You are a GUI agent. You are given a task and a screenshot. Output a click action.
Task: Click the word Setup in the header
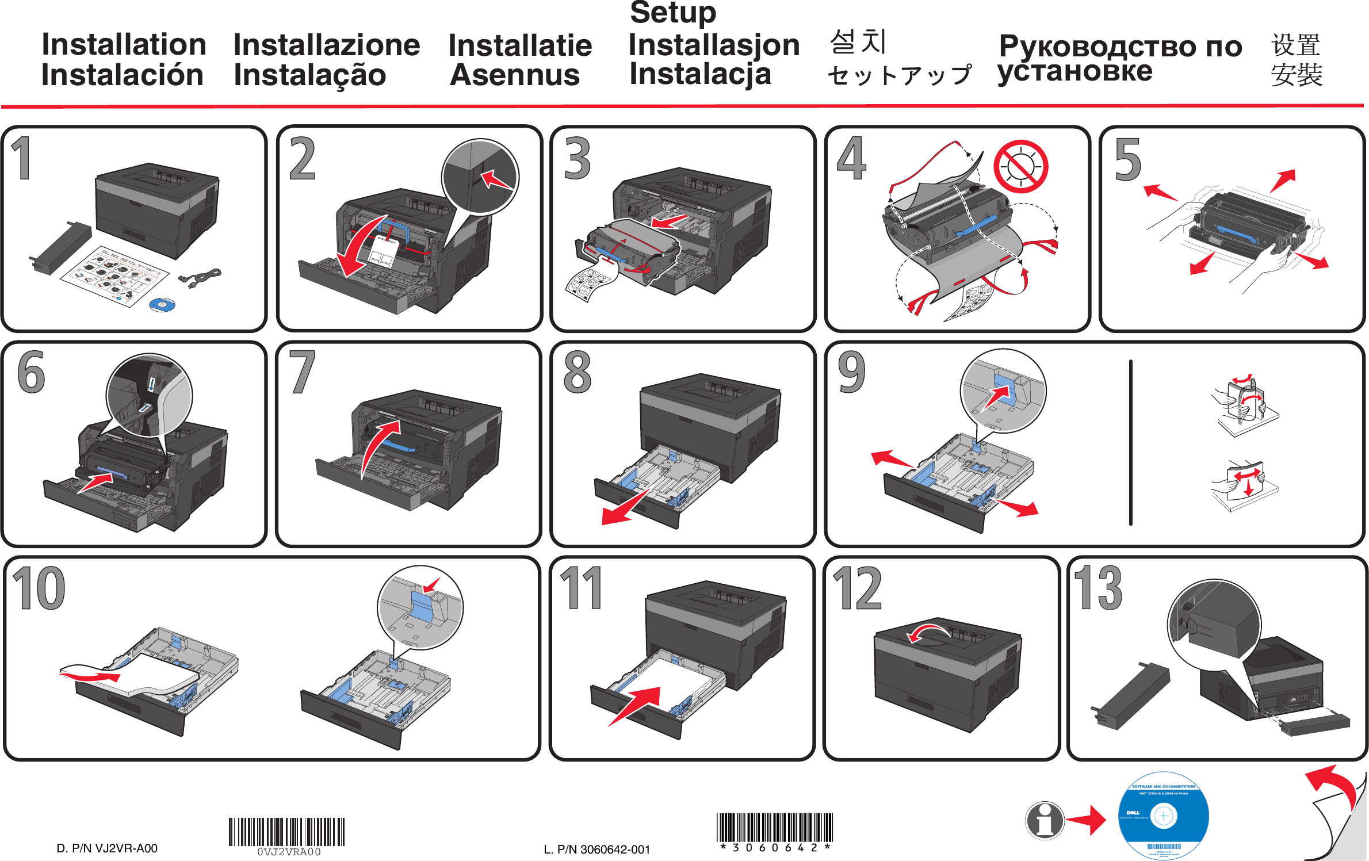tap(672, 14)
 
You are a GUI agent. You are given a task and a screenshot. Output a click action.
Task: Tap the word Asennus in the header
tap(514, 75)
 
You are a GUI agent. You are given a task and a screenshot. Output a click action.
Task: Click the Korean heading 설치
tap(858, 42)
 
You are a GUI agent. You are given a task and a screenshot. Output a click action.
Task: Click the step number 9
tap(851, 373)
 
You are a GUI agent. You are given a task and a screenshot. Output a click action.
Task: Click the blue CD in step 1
tap(162, 304)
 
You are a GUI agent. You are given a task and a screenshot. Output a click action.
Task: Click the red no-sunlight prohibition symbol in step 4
tap(1020, 167)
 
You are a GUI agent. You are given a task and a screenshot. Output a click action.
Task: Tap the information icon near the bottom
tap(1044, 820)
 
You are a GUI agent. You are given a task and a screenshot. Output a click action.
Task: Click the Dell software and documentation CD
tap(1163, 816)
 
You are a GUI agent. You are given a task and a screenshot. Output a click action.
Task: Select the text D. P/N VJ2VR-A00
tap(107, 848)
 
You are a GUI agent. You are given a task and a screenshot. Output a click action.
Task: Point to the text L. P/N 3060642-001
tap(596, 849)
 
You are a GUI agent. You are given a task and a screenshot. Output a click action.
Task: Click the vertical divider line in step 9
tap(1130, 443)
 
